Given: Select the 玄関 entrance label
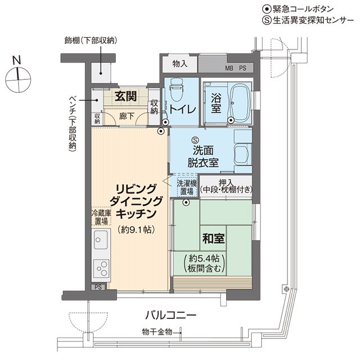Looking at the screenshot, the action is tap(125, 96).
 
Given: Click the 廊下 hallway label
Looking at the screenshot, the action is tap(126, 116).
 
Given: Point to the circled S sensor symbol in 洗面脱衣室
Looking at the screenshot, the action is tap(196, 139).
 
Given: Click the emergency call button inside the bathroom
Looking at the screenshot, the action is tap(231, 120).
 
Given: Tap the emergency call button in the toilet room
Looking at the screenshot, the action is tap(165, 123).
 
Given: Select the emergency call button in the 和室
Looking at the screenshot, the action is tap(186, 202).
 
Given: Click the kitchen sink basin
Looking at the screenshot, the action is tap(101, 240).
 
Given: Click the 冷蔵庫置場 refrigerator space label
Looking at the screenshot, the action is tap(101, 217).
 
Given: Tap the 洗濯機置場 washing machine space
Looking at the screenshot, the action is tap(187, 187).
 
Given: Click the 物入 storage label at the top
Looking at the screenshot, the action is tap(180, 64).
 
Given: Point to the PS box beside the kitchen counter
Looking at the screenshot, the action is tap(98, 287).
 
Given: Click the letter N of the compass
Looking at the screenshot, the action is tap(17, 60).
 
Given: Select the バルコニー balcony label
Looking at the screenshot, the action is tap(171, 315).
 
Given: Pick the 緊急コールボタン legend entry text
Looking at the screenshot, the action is tap(303, 9).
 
